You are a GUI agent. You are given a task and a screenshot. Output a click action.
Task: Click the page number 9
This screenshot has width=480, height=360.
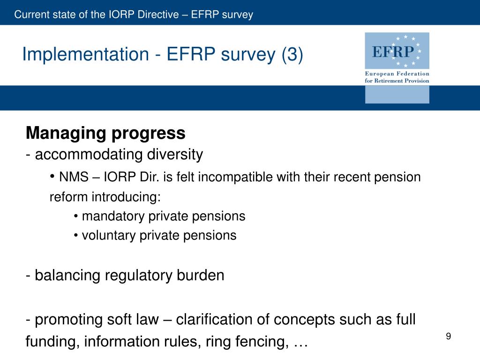449,336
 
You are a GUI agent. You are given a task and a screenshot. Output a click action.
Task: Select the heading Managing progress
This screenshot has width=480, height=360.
105,134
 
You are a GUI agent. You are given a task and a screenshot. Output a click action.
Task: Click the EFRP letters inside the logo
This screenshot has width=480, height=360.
393,51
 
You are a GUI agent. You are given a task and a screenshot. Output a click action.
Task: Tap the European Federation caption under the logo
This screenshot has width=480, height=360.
397,74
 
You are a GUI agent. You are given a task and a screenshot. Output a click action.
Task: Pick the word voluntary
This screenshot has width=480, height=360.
109,235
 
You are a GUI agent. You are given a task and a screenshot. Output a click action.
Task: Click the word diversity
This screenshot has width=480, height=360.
175,154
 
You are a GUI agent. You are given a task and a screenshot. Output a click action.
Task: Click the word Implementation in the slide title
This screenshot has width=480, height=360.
85,55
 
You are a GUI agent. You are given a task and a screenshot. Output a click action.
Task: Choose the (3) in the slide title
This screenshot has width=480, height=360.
292,55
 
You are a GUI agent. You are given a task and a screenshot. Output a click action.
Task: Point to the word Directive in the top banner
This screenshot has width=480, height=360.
158,15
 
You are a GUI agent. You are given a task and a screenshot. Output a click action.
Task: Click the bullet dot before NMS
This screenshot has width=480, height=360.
52,177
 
